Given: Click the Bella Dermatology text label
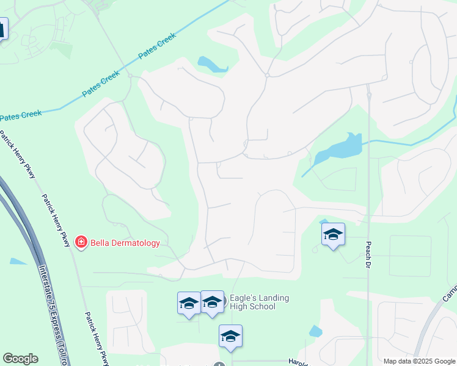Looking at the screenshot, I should (x=125, y=243).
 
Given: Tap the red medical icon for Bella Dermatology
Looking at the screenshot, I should (x=81, y=243).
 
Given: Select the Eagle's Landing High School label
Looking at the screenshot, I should (x=260, y=302).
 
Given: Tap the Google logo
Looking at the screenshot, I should (x=20, y=359).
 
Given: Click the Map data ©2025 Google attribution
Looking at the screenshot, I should (x=419, y=361).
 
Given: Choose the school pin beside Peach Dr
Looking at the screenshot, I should (x=333, y=235).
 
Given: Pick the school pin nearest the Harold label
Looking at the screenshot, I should (x=230, y=336).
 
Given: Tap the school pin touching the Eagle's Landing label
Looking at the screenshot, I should (x=213, y=302).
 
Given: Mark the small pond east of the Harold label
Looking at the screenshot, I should (x=315, y=332).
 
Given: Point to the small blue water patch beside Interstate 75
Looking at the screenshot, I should (x=16, y=261).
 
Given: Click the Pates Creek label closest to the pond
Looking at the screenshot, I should (x=157, y=46).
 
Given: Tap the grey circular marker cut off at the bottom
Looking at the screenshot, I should (x=219, y=364).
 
